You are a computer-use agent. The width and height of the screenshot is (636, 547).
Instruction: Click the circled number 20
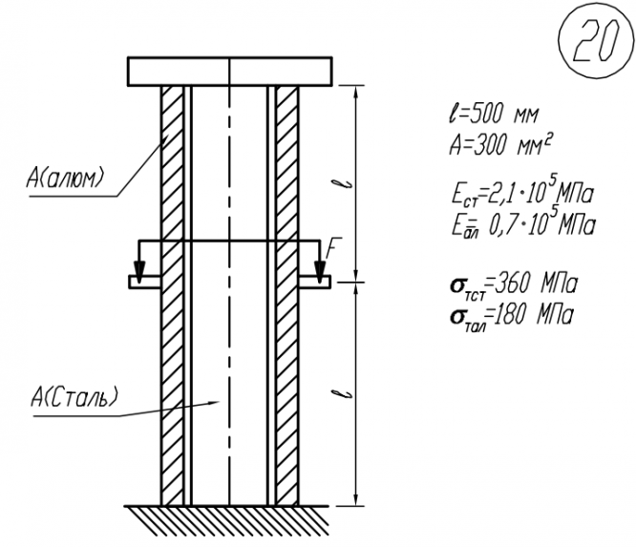pos(596,40)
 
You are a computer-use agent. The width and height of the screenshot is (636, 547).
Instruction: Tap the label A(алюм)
pos(66,178)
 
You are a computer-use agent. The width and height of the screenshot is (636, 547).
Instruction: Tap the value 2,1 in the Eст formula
pos(499,195)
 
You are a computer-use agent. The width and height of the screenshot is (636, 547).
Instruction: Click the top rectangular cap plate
pos(230,72)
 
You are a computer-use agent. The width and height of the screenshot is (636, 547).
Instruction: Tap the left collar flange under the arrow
pos(145,282)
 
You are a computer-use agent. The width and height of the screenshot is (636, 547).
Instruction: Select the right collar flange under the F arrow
pos(315,282)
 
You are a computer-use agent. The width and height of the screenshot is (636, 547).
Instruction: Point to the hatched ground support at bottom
pos(226,520)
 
